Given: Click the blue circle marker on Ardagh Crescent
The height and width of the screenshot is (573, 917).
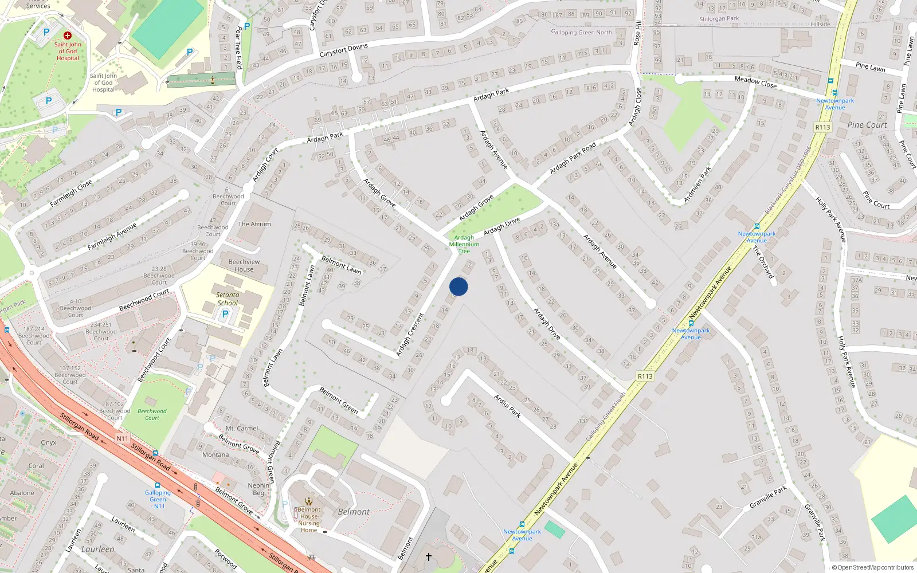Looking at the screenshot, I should pyautogui.click(x=458, y=286).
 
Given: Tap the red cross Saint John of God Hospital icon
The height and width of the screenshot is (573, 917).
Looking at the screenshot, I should pyautogui.click(x=68, y=36).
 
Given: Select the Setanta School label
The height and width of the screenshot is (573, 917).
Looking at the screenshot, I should pyautogui.click(x=228, y=299).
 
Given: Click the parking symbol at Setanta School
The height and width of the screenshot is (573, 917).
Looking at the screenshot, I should pyautogui.click(x=225, y=314).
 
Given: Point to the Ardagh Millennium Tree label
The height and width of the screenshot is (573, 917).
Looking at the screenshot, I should pyautogui.click(x=464, y=244).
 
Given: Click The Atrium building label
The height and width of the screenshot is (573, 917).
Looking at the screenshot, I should pyautogui.click(x=254, y=224).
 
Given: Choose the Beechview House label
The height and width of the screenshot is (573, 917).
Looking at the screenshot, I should pyautogui.click(x=244, y=265).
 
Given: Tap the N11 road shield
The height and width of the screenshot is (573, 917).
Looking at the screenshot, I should pyautogui.click(x=123, y=439).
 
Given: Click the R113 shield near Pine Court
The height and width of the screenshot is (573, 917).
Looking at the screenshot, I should pyautogui.click(x=822, y=127).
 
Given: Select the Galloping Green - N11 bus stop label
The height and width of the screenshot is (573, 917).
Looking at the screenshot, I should pyautogui.click(x=158, y=499).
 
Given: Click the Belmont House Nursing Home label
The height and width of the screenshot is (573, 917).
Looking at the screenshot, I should pyautogui.click(x=309, y=520).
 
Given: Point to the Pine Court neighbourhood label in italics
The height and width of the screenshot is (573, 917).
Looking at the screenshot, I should pyautogui.click(x=867, y=125).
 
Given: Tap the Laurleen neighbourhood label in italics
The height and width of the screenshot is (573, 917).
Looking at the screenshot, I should pyautogui.click(x=97, y=549).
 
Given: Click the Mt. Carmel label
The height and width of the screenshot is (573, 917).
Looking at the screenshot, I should pyautogui.click(x=242, y=428).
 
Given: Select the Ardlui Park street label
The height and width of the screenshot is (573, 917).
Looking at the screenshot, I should pyautogui.click(x=508, y=406).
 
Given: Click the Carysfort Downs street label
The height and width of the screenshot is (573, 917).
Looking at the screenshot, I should pyautogui.click(x=343, y=50).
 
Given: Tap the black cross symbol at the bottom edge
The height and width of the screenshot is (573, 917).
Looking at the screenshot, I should pyautogui.click(x=428, y=556).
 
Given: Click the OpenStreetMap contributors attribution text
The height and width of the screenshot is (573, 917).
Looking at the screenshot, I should pyautogui.click(x=873, y=567).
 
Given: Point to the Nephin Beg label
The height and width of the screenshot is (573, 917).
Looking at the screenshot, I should pyautogui.click(x=259, y=489).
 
